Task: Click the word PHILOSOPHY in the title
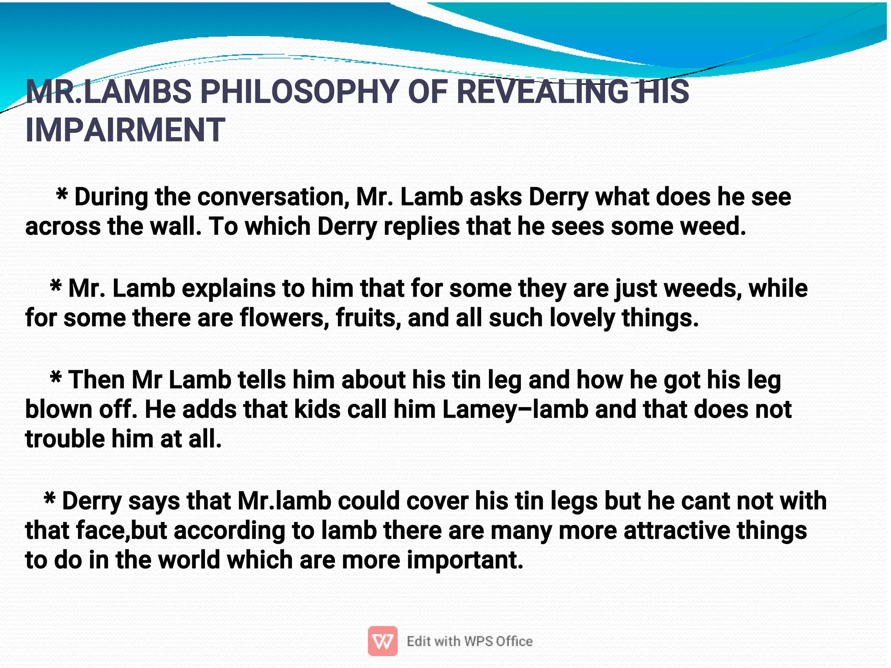(x=299, y=92)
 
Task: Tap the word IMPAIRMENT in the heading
(x=125, y=130)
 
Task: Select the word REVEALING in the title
(x=542, y=92)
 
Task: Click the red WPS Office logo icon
(x=382, y=641)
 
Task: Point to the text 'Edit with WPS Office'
(x=469, y=641)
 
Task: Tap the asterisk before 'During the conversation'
(x=62, y=194)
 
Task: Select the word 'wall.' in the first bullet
(x=176, y=227)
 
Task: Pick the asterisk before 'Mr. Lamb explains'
(x=56, y=286)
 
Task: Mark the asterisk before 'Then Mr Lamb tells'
(x=56, y=377)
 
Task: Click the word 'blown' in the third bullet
(x=59, y=410)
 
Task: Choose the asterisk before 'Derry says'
(x=50, y=498)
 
